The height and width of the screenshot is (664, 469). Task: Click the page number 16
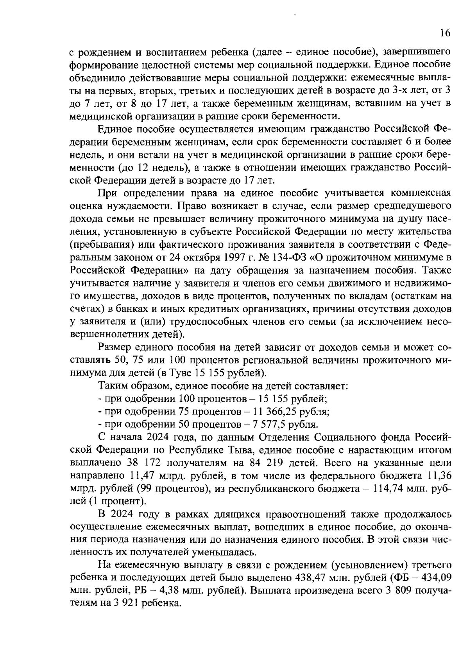(445, 33)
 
